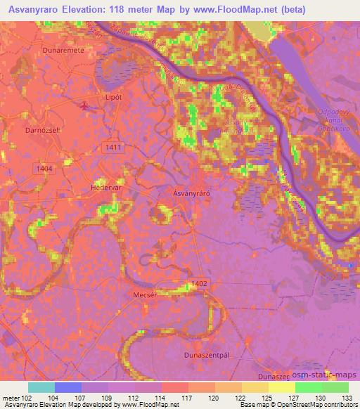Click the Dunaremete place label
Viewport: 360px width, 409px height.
click(x=43, y=51)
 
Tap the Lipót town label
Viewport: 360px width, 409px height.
click(x=94, y=96)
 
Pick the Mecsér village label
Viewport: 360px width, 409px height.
click(x=145, y=295)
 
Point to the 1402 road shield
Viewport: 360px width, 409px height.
click(x=199, y=283)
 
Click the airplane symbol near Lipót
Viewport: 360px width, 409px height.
click(x=86, y=106)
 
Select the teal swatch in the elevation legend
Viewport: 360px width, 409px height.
click(x=41, y=387)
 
